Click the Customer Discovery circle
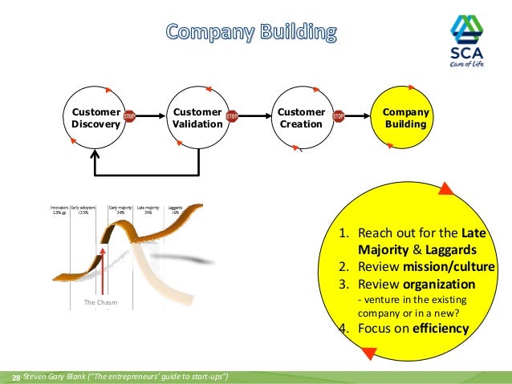[95, 119]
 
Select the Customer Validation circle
[197, 119]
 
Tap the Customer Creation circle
[300, 119]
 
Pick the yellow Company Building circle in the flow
[405, 119]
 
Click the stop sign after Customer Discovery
[129, 116]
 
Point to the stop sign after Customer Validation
[232, 116]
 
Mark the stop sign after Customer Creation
[338, 116]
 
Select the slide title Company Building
[252, 33]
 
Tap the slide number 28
[14, 377]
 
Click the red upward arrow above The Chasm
[104, 265]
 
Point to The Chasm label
[101, 302]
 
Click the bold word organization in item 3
[441, 284]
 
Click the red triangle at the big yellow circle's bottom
[369, 351]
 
